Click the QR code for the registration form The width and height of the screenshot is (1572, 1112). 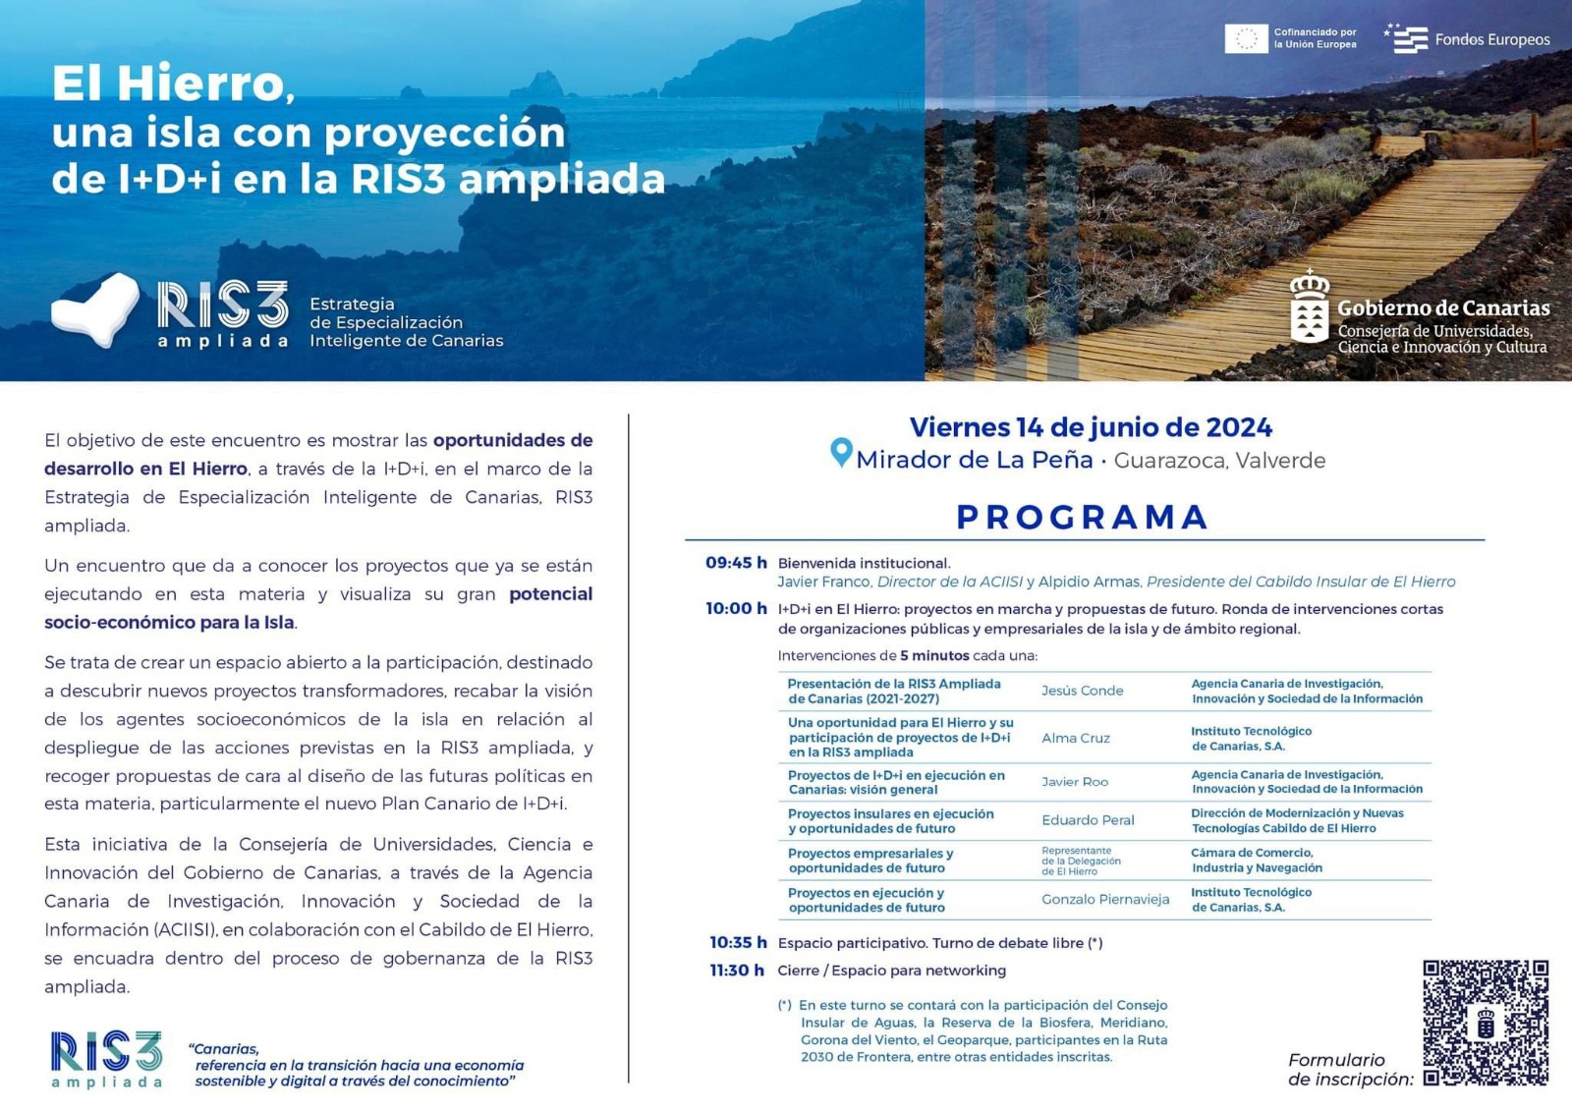pos(1486,1023)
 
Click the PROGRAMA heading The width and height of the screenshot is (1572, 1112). pos(1083,517)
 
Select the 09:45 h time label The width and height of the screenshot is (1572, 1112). pos(736,563)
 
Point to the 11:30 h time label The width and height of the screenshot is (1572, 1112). pos(737,971)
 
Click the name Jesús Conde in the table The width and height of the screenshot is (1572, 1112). pos(1082,691)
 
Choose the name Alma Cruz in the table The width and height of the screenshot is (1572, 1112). pos(1076,738)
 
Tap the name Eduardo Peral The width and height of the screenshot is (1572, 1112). pos(1088,820)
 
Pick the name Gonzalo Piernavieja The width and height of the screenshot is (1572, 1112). pos(1105,900)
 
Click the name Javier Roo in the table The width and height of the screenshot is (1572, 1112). pos(1075,782)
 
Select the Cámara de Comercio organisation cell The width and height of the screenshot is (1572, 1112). pos(1257,861)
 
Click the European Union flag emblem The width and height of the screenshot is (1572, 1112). pos(1246,39)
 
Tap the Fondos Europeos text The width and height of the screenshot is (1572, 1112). pos(1491,40)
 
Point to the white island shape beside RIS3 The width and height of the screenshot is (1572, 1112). pos(96,309)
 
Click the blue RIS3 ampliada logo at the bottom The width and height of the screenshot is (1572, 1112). pos(106,1059)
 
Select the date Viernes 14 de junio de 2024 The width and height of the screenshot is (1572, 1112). pos(1091,427)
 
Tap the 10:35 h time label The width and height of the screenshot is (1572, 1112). pos(738,943)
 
